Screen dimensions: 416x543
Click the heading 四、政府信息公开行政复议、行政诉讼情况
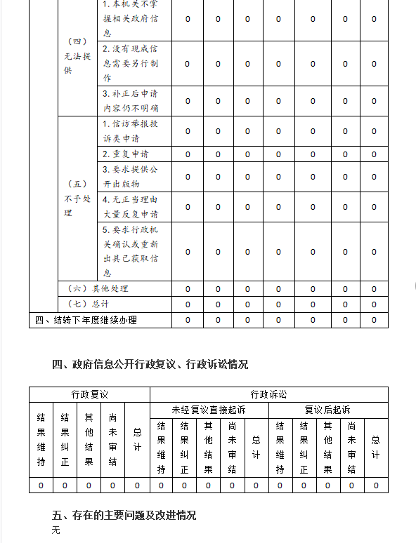(150, 364)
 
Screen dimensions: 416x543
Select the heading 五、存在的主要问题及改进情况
(124, 515)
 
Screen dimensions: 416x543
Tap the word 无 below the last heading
(56, 530)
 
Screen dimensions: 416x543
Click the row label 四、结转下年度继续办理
(86, 321)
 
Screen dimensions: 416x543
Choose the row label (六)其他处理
(98, 289)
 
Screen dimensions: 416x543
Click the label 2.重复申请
(125, 154)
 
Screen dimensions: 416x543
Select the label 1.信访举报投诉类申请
(131, 131)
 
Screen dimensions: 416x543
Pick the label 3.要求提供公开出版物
(131, 176)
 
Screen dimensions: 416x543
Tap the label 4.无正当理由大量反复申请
(131, 207)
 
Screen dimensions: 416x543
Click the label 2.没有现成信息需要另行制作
(131, 63)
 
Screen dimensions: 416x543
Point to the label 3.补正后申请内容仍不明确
(131, 101)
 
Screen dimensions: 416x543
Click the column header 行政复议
(89, 394)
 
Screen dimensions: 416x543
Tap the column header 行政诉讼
(268, 394)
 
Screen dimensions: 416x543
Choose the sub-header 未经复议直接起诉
(209, 410)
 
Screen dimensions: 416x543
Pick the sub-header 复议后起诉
(327, 410)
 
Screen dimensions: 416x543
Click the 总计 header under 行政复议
(137, 440)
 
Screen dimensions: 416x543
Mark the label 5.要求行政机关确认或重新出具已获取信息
(131, 251)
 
